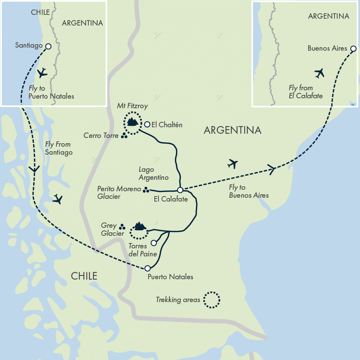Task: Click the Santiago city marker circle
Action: (48, 46)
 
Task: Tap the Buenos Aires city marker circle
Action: (353, 48)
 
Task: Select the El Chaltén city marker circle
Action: (147, 124)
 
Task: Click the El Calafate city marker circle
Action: (180, 190)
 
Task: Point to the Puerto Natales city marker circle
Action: (147, 268)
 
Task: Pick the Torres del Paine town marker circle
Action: (154, 243)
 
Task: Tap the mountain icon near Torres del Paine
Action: (139, 227)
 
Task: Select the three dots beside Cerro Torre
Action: (124, 136)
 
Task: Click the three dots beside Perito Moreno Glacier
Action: (146, 189)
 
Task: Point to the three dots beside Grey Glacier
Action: (122, 227)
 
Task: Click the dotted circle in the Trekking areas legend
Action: (211, 300)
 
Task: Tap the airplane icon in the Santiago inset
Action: (42, 72)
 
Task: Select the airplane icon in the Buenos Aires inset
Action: (319, 73)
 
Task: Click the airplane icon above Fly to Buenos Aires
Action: (232, 164)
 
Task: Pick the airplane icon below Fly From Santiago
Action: (58, 199)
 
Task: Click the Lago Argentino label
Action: (154, 174)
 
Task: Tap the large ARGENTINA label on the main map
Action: (232, 130)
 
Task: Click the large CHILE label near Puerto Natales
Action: (84, 276)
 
